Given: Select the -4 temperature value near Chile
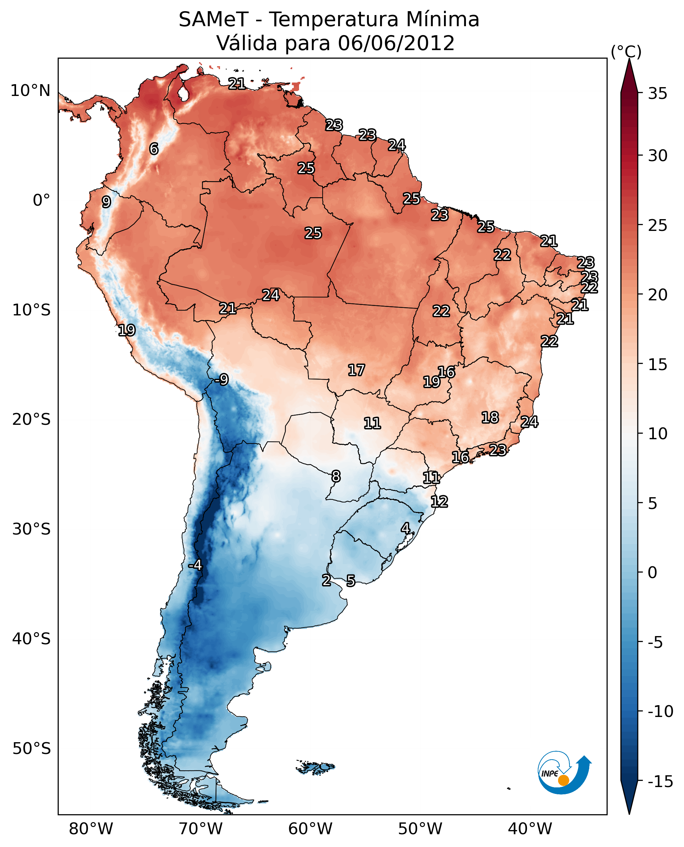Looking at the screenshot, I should [x=195, y=565].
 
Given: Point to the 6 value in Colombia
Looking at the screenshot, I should [x=154, y=149].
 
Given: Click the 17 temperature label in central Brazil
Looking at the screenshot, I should [x=356, y=370].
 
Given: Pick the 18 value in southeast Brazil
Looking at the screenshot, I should [x=490, y=417].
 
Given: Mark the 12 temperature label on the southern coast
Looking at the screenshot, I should [x=439, y=501].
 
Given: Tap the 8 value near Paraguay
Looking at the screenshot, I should [x=336, y=476].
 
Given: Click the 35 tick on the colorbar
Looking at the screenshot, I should [x=657, y=94].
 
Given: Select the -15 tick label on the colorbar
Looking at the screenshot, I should [x=660, y=781].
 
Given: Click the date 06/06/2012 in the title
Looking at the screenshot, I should [x=396, y=43].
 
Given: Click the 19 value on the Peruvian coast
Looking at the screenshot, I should [x=127, y=330].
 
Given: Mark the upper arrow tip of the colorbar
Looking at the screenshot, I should [x=629, y=60].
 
